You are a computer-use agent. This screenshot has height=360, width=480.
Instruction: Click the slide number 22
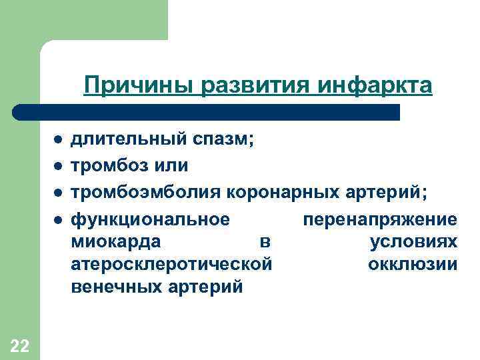20,345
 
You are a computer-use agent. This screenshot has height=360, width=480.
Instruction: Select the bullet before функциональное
59,219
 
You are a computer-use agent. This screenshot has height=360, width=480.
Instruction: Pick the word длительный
129,141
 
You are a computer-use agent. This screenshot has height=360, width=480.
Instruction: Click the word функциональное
151,219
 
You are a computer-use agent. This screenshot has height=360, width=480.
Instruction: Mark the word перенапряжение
380,219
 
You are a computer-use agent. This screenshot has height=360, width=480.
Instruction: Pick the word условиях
413,241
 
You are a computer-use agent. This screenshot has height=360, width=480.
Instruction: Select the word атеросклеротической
171,264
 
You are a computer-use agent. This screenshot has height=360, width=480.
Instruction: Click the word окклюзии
413,264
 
